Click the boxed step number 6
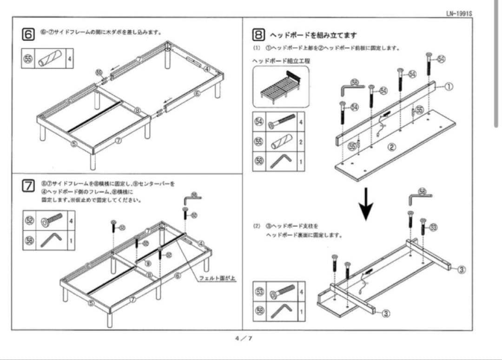pos(28,34)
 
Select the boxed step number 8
pos(259,35)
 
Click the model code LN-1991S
pos(458,13)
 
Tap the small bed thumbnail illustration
pos(280,86)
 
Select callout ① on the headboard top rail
pos(449,86)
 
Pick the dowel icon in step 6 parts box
pos(50,59)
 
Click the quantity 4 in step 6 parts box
pos(70,59)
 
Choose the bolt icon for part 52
pos(51,220)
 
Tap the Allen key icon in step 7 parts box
pos(51,240)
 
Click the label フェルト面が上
pos(218,278)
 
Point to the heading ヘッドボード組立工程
pos(281,61)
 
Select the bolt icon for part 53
pos(282,291)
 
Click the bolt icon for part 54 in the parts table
pos(282,122)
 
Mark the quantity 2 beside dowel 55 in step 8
pos(301,142)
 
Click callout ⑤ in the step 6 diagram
pos(74,144)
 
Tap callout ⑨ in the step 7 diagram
pos(147,263)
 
